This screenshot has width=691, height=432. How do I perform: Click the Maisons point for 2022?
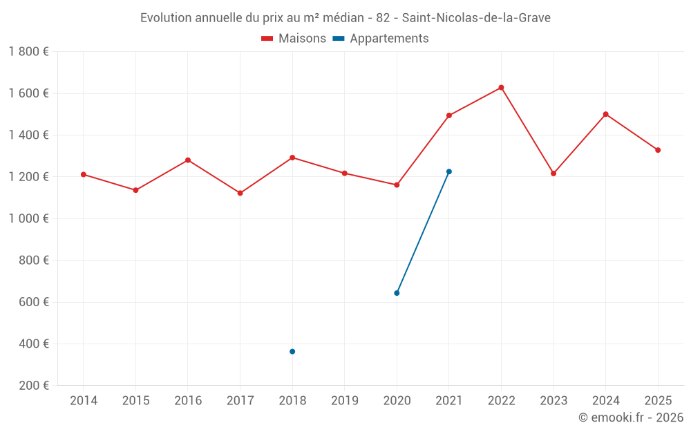[501, 88]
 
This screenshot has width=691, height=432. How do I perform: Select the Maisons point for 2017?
[240, 194]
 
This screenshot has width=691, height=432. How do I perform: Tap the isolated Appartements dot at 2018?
[292, 352]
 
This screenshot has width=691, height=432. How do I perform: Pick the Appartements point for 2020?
[397, 293]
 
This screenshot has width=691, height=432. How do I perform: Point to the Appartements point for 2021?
[448, 171]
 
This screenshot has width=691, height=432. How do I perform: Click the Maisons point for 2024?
[605, 114]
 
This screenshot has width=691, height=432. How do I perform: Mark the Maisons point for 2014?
[84, 174]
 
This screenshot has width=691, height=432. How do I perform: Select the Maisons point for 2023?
[553, 173]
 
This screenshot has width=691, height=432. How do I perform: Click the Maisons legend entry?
[294, 39]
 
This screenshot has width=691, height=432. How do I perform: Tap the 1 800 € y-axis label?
[28, 52]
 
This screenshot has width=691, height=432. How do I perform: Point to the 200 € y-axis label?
[33, 386]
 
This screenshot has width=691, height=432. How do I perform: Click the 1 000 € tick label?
[28, 218]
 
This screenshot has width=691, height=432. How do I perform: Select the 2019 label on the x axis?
[344, 401]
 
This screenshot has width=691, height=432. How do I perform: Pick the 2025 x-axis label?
[658, 401]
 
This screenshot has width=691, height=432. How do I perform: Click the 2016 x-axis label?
[188, 401]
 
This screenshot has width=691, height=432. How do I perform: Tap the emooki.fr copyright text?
[630, 417]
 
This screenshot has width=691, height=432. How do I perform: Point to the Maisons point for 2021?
[448, 115]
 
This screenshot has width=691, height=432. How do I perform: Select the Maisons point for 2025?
[658, 150]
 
